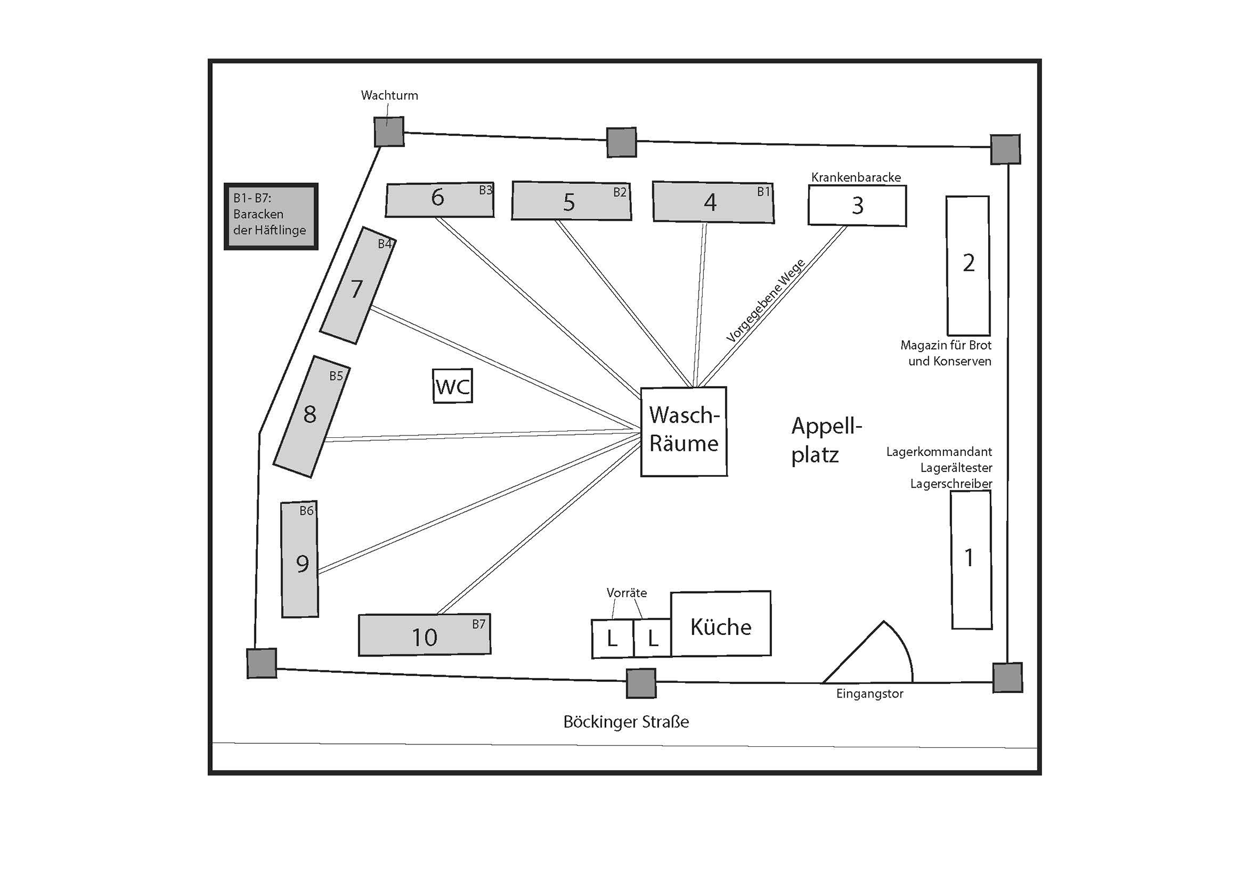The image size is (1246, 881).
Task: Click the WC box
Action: (452, 386)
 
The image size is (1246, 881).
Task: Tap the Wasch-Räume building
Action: (683, 431)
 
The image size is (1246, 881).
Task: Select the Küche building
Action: (720, 624)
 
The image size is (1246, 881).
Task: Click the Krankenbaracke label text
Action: (856, 177)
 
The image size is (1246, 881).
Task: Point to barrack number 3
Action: (857, 205)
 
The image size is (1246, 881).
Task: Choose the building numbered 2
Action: (968, 265)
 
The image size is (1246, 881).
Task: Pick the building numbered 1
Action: (971, 559)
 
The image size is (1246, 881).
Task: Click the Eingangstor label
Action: (869, 694)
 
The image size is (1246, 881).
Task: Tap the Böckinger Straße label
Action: (626, 722)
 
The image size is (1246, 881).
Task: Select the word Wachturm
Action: (389, 96)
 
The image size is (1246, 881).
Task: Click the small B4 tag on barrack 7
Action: (384, 244)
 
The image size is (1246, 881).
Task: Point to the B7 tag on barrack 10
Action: (479, 624)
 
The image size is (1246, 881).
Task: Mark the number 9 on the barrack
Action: (302, 564)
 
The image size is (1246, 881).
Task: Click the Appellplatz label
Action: (826, 440)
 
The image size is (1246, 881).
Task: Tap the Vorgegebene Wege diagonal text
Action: (765, 300)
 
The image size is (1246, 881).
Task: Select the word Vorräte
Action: (627, 593)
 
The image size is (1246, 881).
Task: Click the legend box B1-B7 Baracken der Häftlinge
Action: (271, 216)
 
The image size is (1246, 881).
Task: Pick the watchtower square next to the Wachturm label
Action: (389, 132)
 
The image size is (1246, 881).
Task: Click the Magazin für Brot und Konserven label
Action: (946, 353)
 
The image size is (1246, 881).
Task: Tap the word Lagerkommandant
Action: (939, 452)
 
